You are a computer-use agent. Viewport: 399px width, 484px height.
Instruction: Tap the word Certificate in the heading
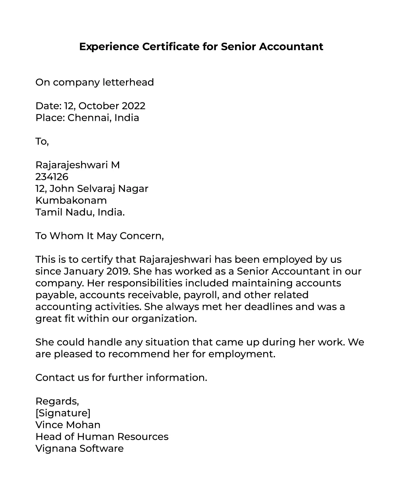(x=171, y=47)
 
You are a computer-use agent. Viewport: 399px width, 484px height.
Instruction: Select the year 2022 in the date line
(x=133, y=106)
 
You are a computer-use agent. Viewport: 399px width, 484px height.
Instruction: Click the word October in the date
(x=98, y=106)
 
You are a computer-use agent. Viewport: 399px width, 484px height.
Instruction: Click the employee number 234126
(x=52, y=177)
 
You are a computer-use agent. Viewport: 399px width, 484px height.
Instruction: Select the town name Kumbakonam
(x=71, y=200)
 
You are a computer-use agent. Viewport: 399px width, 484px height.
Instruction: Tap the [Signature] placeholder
(x=63, y=413)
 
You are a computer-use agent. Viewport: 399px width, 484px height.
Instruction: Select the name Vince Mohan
(x=68, y=425)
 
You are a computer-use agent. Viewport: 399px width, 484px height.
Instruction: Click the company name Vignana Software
(x=79, y=449)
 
